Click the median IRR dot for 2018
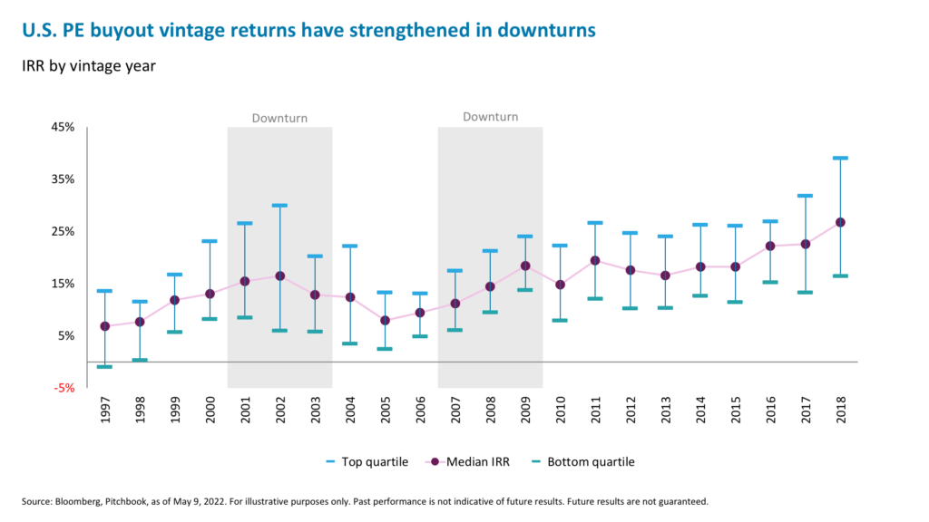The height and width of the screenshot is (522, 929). click(840, 222)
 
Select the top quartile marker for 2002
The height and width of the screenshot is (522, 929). click(279, 206)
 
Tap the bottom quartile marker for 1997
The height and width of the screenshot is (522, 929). click(104, 367)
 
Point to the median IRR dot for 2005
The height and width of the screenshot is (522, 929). click(385, 320)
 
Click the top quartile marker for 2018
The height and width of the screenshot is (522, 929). click(840, 158)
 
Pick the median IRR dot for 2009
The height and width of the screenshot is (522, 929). click(525, 266)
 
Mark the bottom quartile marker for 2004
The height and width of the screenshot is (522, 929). click(349, 343)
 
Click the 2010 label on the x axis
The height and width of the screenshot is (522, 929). click(561, 409)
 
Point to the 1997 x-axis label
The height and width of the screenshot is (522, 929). click(105, 409)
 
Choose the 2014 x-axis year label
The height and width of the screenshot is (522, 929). click(700, 409)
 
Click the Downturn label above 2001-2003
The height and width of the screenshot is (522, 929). click(279, 118)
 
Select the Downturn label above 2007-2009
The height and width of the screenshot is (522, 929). click(490, 117)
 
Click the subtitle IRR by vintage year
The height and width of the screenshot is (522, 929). click(84, 66)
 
